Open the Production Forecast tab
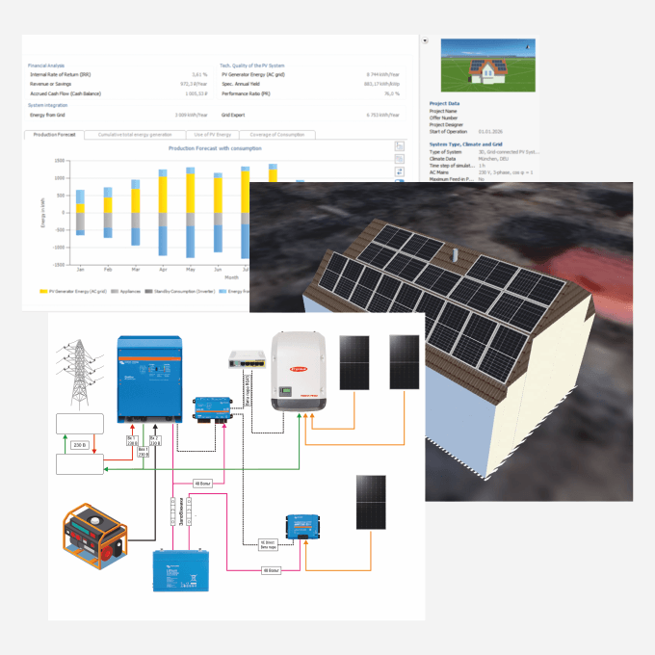pos(53,135)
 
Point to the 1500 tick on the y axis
pos(59,161)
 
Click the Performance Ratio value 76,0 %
pos(387,93)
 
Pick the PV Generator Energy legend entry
pos(72,290)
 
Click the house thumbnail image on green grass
pos(487,65)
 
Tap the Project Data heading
pos(444,103)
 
